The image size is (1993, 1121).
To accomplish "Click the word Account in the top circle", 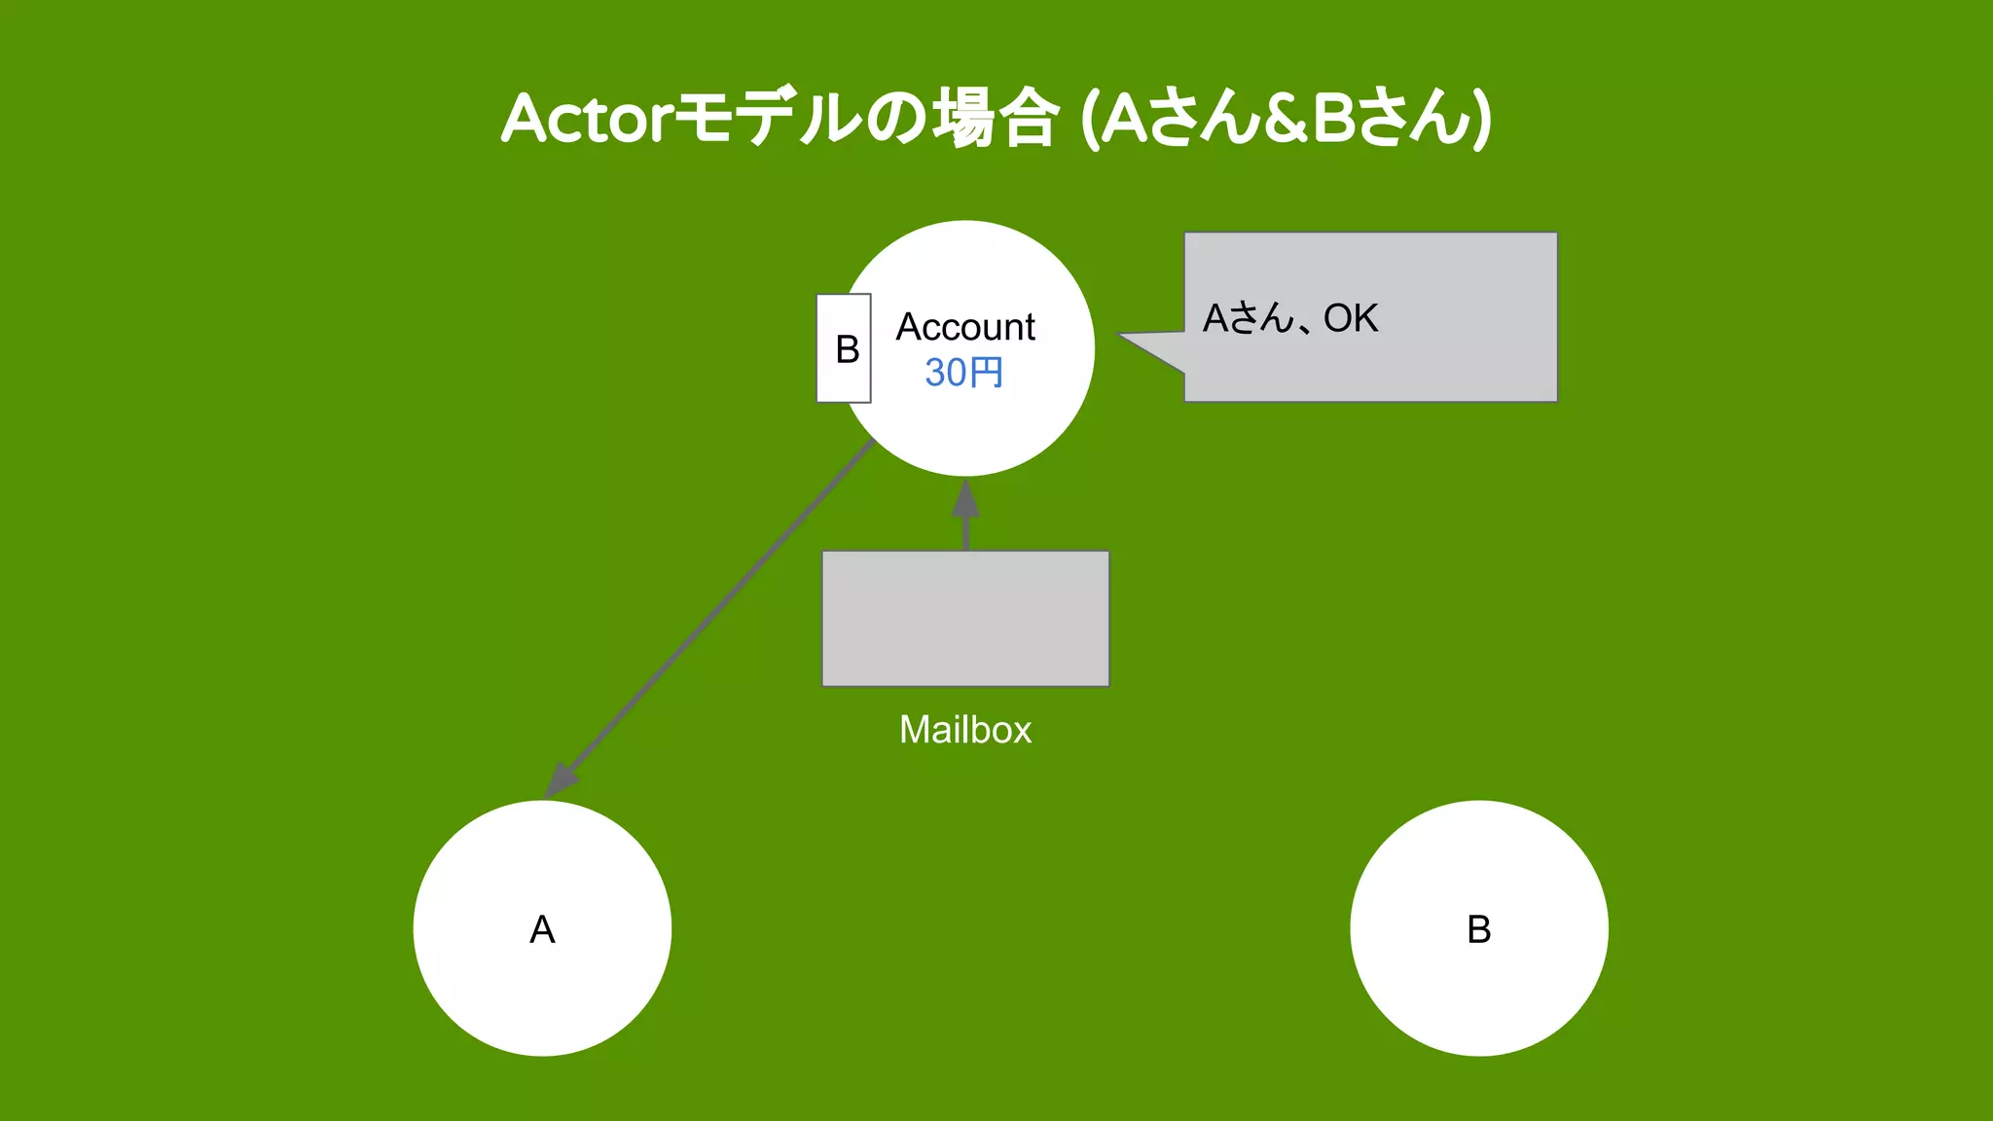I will [965, 327].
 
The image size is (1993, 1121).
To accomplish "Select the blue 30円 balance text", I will [963, 373].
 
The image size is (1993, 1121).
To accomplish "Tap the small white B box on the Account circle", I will [844, 348].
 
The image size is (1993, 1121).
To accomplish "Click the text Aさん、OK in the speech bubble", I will [1290, 318].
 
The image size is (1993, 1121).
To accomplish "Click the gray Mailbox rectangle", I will [965, 619].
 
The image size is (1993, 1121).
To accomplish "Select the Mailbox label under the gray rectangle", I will [965, 730].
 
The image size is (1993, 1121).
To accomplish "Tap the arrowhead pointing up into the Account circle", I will [965, 498].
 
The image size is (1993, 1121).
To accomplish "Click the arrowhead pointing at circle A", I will [562, 779].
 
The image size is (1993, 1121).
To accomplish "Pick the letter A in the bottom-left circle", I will [542, 929].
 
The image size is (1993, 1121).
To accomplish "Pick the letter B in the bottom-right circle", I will [1478, 929].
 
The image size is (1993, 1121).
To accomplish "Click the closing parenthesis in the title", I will [1481, 119].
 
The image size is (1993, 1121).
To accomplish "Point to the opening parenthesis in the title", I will [1091, 119].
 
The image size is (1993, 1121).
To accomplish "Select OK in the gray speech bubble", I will [1351, 318].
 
